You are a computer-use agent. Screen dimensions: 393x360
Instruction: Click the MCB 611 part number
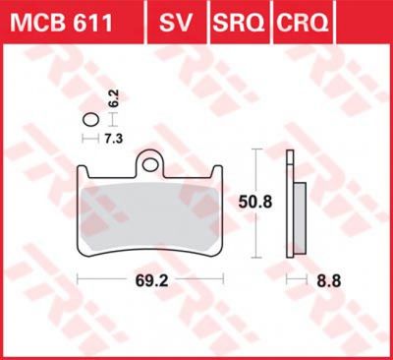61,22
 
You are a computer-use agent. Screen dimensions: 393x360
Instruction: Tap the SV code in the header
176,23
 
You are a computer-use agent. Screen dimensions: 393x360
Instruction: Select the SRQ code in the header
239,23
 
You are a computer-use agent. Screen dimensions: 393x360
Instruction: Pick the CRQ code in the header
302,23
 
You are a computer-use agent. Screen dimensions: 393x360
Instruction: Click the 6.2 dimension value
113,97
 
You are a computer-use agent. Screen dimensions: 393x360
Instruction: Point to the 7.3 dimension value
114,139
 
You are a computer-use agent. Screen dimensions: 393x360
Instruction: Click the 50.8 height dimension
255,202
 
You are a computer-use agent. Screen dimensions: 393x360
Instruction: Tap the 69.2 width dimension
152,280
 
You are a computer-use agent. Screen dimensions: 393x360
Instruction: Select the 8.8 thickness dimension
329,281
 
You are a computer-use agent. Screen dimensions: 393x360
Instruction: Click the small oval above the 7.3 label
90,120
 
